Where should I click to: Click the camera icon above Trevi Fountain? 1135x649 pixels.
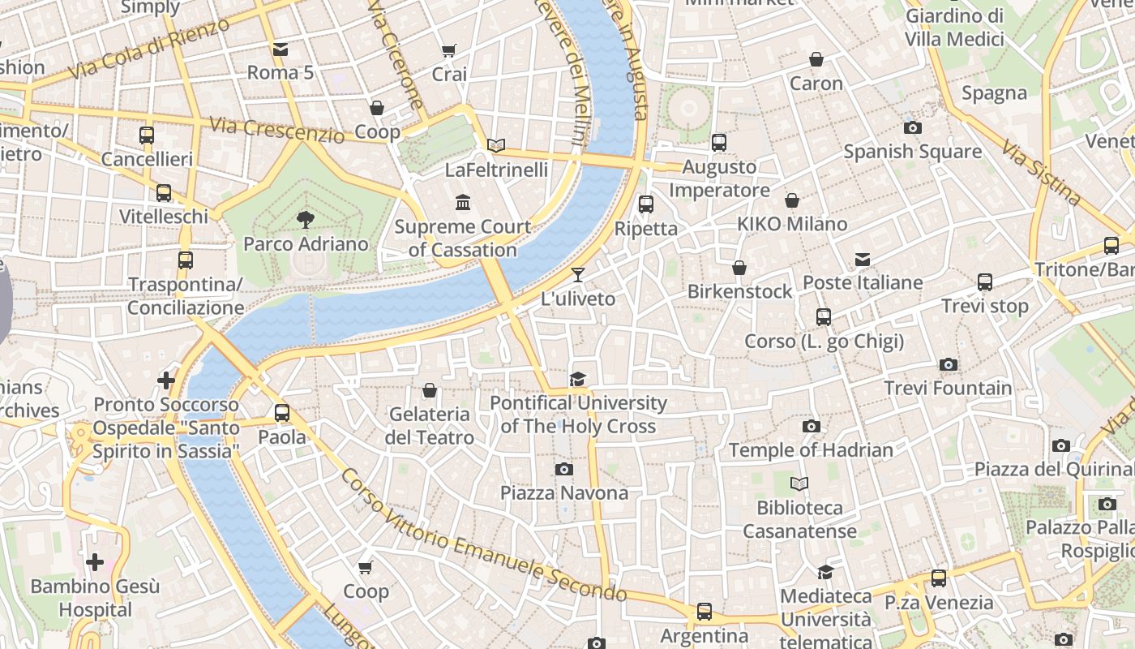tap(948, 365)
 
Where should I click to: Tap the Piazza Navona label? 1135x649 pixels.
tap(563, 493)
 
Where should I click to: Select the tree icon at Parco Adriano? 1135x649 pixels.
tap(306, 219)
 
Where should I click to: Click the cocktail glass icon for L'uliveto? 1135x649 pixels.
tap(578, 275)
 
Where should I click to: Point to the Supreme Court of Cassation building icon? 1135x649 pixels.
tap(463, 202)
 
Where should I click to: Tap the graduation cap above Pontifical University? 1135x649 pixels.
tap(577, 379)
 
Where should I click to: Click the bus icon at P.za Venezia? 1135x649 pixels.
tap(938, 578)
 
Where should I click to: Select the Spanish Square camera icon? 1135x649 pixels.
tap(912, 128)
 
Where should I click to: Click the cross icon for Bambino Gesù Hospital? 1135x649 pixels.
tap(95, 561)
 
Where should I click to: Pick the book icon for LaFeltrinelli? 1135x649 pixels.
tap(496, 146)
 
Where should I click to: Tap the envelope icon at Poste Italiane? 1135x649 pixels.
tap(863, 260)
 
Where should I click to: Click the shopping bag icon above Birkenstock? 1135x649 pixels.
tap(739, 268)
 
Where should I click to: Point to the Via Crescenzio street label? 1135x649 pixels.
tap(276, 130)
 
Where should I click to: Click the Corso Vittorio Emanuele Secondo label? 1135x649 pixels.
tap(483, 538)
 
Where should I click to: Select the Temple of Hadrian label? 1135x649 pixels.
tap(811, 450)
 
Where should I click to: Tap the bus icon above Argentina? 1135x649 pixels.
tap(704, 612)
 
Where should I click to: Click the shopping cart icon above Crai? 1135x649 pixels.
tap(449, 50)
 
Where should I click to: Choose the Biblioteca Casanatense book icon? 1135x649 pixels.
tap(799, 484)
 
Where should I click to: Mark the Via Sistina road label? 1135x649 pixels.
tap(1040, 172)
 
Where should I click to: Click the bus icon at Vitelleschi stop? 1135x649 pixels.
tap(164, 193)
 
